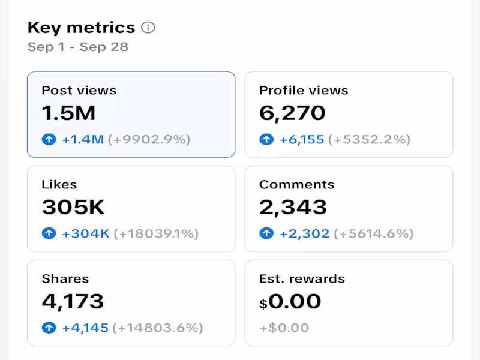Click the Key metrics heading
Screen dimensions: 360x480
point(81,28)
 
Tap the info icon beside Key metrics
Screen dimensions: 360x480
point(148,28)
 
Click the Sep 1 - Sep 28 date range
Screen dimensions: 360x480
point(78,47)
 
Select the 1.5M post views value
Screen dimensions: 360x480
point(68,113)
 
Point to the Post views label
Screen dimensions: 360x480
point(79,91)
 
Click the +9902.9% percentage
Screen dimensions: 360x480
point(149,140)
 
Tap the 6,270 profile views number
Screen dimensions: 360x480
point(292,113)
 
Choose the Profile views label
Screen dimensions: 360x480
point(304,91)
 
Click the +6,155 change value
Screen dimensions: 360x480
point(302,140)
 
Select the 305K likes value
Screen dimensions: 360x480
point(73,207)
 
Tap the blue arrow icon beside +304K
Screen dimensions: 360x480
point(49,234)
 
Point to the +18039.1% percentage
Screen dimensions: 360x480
point(156,234)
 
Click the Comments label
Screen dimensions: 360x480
point(296,185)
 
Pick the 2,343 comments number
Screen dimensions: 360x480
point(293,207)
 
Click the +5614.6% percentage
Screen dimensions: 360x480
point(374,234)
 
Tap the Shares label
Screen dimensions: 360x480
point(65,279)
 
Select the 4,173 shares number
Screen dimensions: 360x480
point(73,301)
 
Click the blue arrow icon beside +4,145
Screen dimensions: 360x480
point(49,328)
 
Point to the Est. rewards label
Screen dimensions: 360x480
point(302,279)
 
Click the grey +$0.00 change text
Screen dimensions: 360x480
point(284,328)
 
